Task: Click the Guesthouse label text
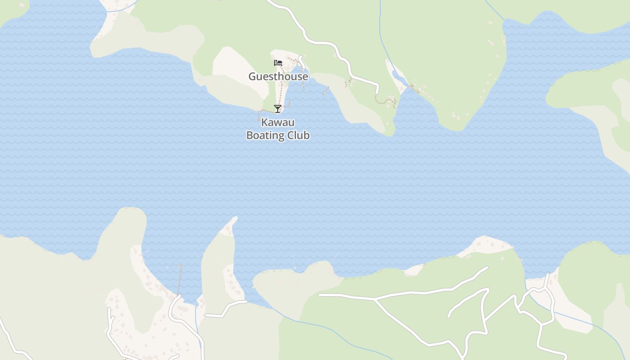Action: point(278,76)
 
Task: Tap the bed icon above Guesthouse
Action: point(278,63)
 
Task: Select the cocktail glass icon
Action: point(278,108)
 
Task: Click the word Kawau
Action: point(278,122)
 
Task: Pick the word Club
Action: point(299,135)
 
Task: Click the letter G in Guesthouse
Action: point(252,76)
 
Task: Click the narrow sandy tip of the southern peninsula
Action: point(234,219)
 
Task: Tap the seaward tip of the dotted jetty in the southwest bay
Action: point(181,266)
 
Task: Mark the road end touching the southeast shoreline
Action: point(548,275)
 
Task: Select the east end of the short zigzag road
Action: point(246,302)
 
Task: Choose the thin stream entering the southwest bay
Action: point(196,315)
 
